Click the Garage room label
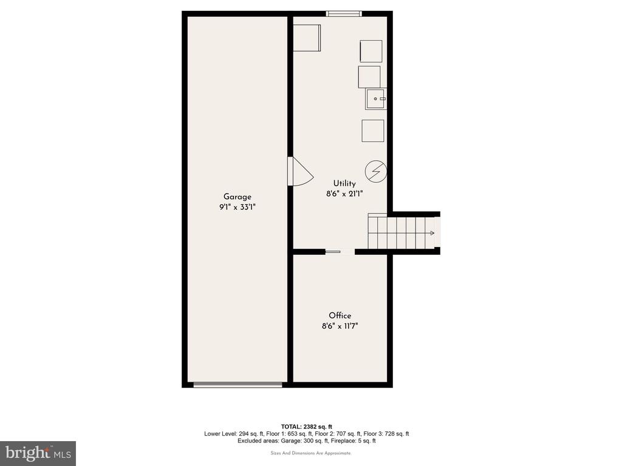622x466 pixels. (x=238, y=197)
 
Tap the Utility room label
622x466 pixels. (x=344, y=183)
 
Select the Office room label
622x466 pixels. (x=340, y=316)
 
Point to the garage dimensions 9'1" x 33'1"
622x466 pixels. (x=238, y=207)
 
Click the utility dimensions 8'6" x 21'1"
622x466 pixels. (x=344, y=194)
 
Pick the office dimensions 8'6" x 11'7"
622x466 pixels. (x=340, y=326)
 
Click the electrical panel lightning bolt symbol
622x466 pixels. (x=375, y=172)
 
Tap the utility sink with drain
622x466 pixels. (x=375, y=99)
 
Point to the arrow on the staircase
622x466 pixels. (x=431, y=233)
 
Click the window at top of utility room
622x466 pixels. (x=344, y=14)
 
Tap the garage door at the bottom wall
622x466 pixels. (x=238, y=385)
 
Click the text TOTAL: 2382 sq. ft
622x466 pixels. (x=307, y=427)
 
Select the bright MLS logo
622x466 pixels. (x=38, y=453)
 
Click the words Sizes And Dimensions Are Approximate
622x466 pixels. (x=310, y=453)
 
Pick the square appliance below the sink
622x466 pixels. (x=373, y=130)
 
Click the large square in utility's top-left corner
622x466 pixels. (x=307, y=38)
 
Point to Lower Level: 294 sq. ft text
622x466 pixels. (x=234, y=434)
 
